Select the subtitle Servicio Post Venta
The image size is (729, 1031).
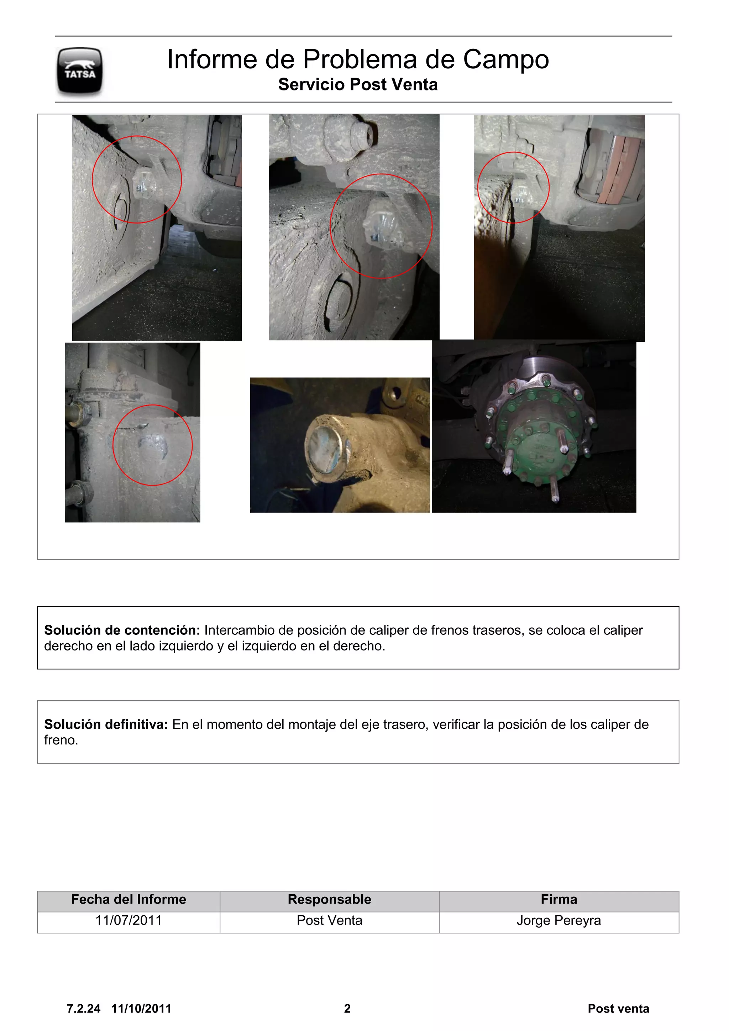tap(358, 84)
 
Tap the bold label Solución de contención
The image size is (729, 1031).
tap(122, 630)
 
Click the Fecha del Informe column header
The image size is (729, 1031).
tap(129, 899)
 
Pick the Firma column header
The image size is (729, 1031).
tap(558, 899)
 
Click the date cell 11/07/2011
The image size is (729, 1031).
tap(129, 920)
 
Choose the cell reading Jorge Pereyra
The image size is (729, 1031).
tap(558, 920)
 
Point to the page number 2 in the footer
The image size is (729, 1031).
tap(347, 1009)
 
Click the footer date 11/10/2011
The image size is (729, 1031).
tap(141, 1009)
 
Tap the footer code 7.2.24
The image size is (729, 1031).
tap(84, 1009)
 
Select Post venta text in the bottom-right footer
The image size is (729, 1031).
tap(618, 1009)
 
